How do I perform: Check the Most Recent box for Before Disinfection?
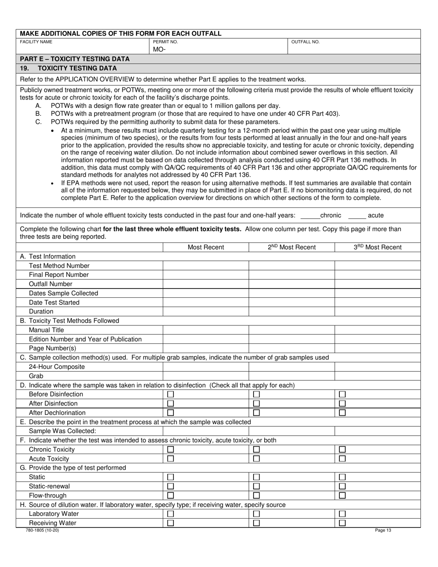pyautogui.click(x=171, y=394)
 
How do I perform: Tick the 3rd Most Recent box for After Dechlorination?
pyautogui.click(x=342, y=413)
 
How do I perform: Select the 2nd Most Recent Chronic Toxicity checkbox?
pyautogui.click(x=256, y=449)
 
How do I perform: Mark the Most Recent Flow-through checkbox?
pyautogui.click(x=171, y=496)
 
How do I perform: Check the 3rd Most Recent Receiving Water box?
pyautogui.click(x=342, y=523)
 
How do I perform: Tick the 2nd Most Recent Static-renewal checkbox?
pyautogui.click(x=256, y=486)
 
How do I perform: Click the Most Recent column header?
pyautogui.click(x=206, y=248)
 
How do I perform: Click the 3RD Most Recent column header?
pyautogui.click(x=377, y=248)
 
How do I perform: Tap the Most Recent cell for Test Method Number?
pyautogui.click(x=206, y=266)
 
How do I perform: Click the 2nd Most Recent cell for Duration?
pyautogui.click(x=291, y=312)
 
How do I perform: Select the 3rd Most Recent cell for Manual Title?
pyautogui.click(x=377, y=330)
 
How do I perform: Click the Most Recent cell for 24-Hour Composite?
pyautogui.click(x=206, y=367)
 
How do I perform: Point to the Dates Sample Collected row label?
pyautogui.click(x=64, y=293)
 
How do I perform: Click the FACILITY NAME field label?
pyautogui.click(x=36, y=42)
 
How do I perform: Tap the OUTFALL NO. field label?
pyautogui.click(x=305, y=42)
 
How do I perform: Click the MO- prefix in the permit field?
pyautogui.click(x=159, y=49)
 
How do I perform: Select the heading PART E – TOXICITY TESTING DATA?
pyautogui.click(x=75, y=59)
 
